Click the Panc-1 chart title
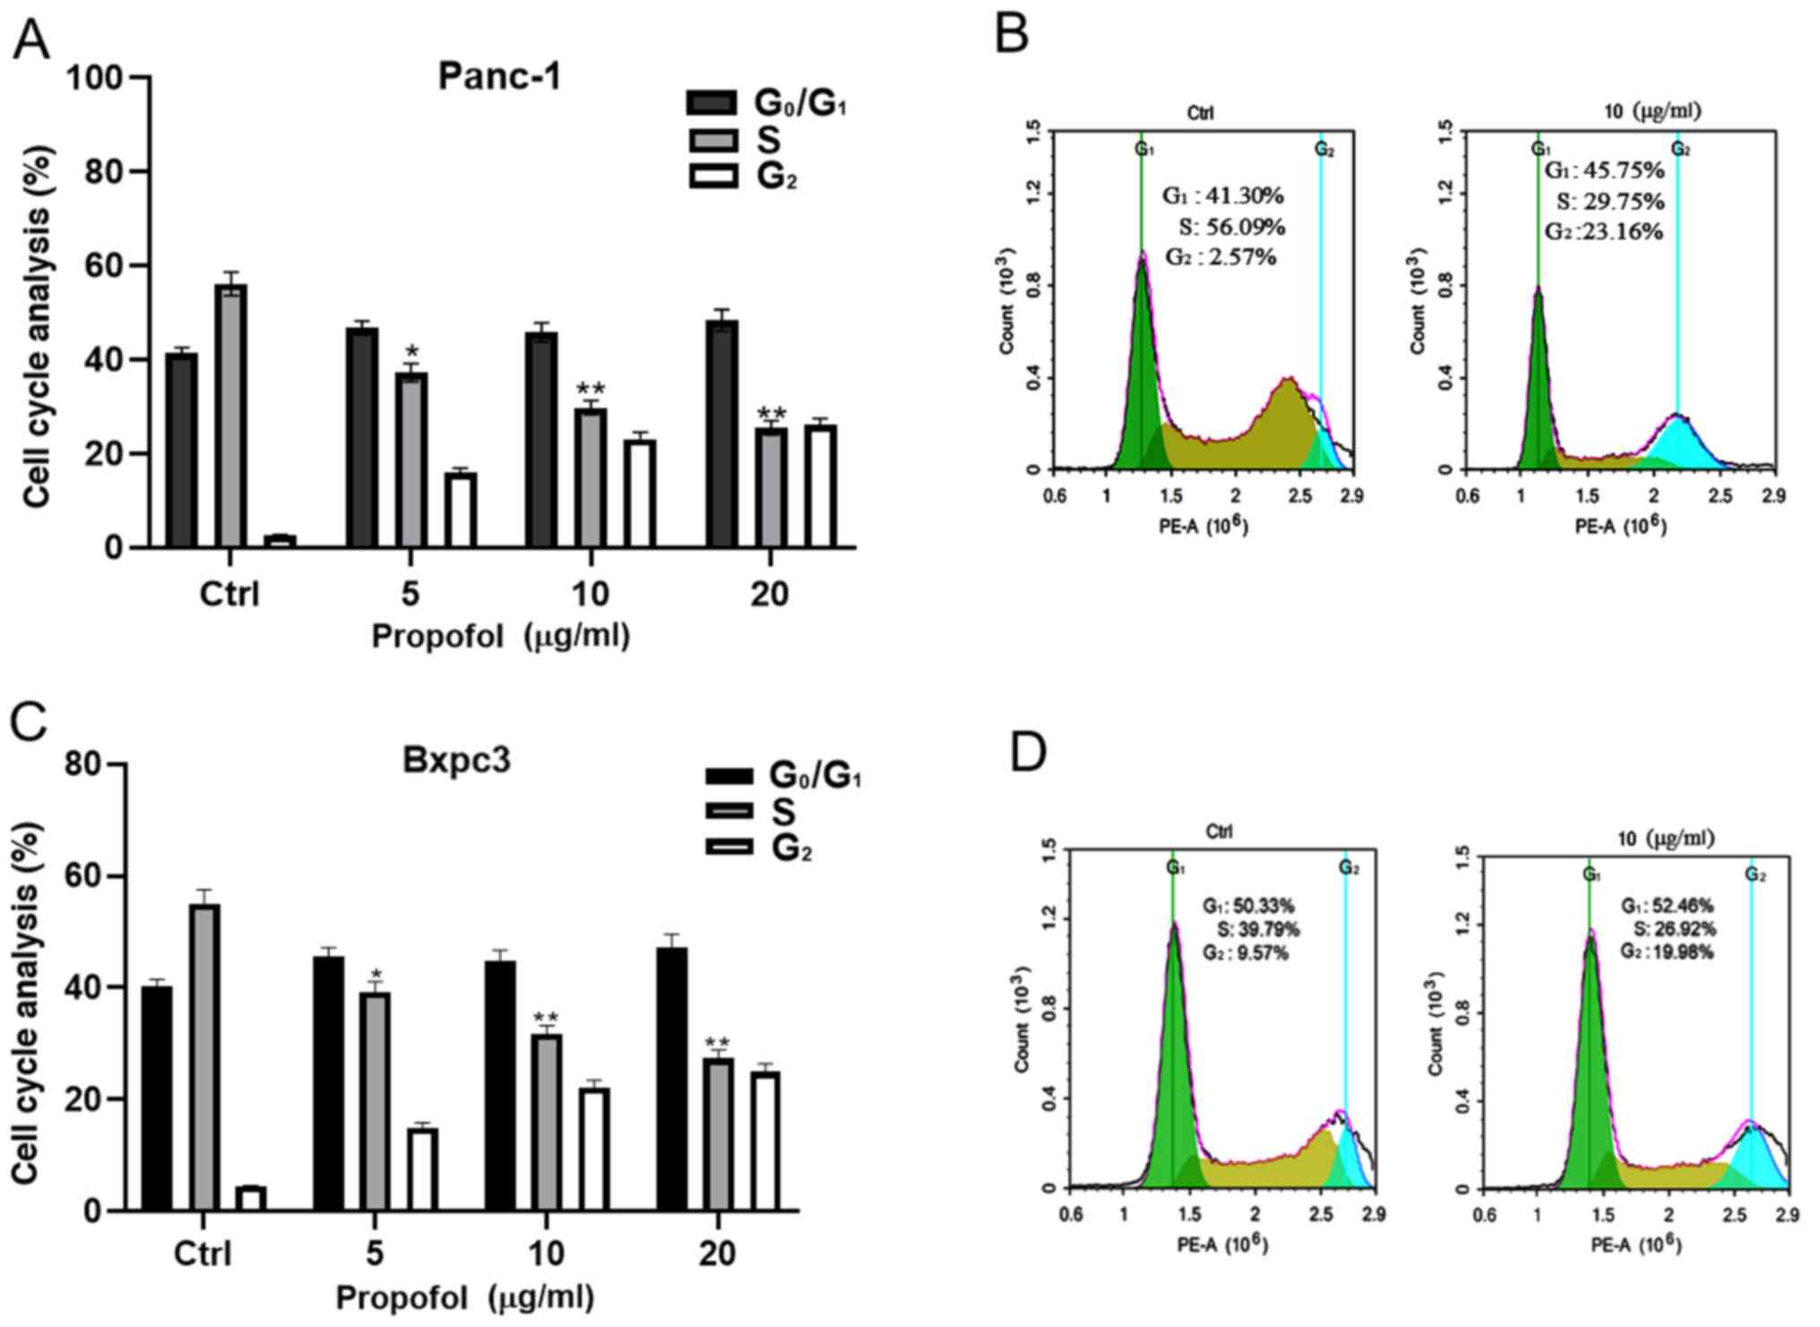[x=499, y=77]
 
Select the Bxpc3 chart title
[x=456, y=761]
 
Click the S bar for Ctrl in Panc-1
[x=231, y=416]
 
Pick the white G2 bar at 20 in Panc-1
[x=821, y=487]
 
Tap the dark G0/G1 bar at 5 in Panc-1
[x=362, y=437]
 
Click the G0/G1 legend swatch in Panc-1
[x=712, y=103]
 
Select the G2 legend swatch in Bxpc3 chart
[x=729, y=847]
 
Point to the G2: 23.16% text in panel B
[x=1603, y=232]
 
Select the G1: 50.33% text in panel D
[x=1248, y=906]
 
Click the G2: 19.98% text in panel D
[x=1666, y=952]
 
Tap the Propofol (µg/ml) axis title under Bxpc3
[x=464, y=1297]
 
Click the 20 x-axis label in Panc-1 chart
[x=770, y=593]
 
